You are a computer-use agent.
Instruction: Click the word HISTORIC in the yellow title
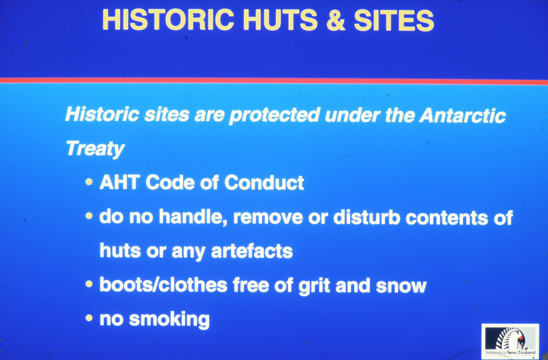168,20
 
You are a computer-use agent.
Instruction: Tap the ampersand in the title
335,20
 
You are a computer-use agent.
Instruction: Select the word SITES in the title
394,20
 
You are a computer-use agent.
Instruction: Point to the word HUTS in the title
280,20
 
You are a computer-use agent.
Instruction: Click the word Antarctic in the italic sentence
462,115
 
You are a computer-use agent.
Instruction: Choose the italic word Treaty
95,149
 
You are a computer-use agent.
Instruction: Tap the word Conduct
264,183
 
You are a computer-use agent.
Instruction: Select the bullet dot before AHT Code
89,182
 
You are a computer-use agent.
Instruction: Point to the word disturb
367,217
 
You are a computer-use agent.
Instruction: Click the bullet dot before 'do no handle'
89,216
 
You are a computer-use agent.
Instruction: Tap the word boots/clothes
164,285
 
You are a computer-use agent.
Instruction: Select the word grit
314,285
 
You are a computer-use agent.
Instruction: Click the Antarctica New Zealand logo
510,341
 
